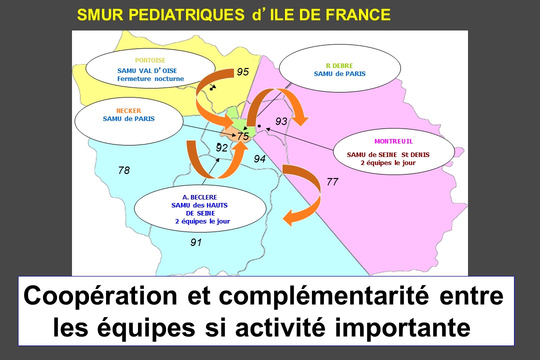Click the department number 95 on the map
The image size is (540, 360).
243,71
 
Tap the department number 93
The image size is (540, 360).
281,121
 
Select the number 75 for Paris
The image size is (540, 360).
243,136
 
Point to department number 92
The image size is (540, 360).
221,148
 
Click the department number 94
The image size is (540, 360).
259,159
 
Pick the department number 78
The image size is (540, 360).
124,170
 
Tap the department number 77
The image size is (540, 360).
332,181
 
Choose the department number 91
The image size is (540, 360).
196,242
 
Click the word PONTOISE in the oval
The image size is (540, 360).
150,60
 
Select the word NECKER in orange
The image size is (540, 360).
128,110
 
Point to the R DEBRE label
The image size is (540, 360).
339,65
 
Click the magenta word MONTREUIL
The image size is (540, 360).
393,141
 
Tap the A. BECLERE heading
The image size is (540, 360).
199,197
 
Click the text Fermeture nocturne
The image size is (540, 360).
150,78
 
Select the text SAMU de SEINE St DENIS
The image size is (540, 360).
388,154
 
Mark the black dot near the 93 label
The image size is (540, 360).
259,126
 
